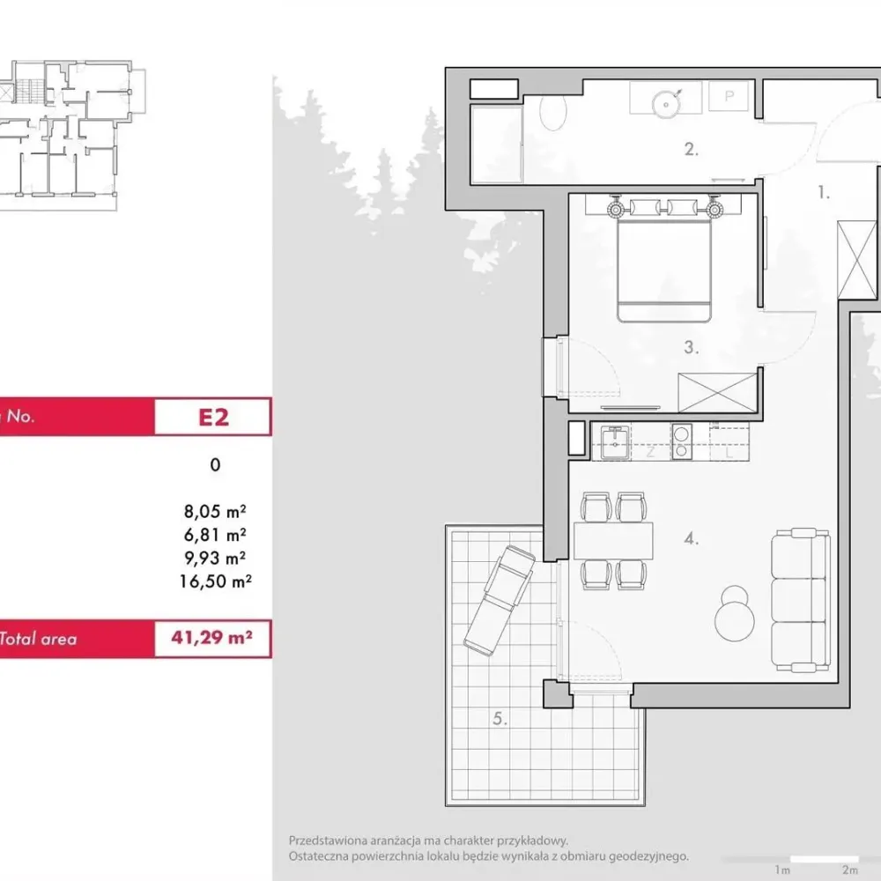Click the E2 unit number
coord(213,418)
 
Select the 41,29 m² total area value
coord(211,637)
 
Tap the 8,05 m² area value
coord(215,511)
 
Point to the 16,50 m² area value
coord(215,581)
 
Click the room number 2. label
coord(691,150)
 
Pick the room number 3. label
coord(691,347)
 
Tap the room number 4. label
coord(691,539)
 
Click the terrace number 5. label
coord(500,718)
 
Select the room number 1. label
coord(823,193)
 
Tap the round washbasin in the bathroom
coord(665,104)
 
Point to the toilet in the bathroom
coord(553,111)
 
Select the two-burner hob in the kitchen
coord(682,442)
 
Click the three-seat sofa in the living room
coord(801,600)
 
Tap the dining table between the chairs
coord(613,541)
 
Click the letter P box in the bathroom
coord(729,96)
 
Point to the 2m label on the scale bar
coord(850,870)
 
